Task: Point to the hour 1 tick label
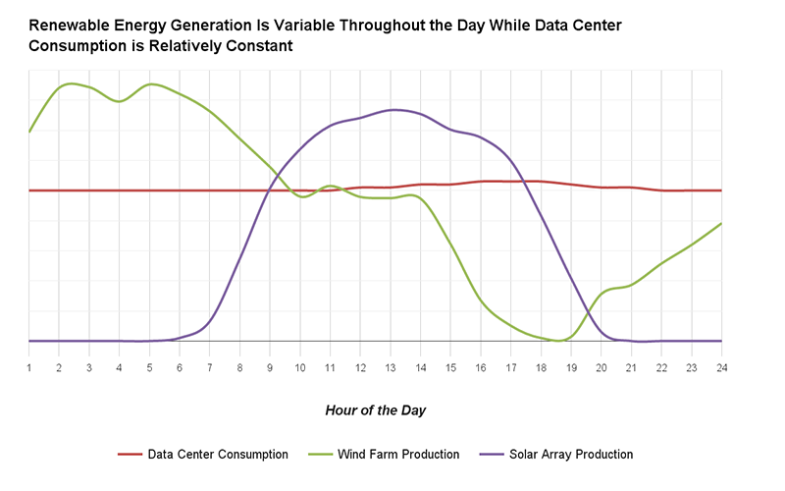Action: point(29,366)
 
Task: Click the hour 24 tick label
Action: point(721,366)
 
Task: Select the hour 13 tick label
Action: point(391,366)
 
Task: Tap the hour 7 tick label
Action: point(210,366)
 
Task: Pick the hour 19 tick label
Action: point(571,366)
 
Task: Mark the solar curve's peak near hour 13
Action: point(392,110)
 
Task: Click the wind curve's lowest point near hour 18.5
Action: point(557,341)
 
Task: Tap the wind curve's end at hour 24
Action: point(721,224)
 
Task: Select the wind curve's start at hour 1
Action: point(29,132)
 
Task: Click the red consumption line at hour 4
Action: point(120,191)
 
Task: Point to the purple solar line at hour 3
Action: point(89,341)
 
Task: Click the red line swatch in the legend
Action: point(131,455)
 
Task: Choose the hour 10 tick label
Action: point(300,366)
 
